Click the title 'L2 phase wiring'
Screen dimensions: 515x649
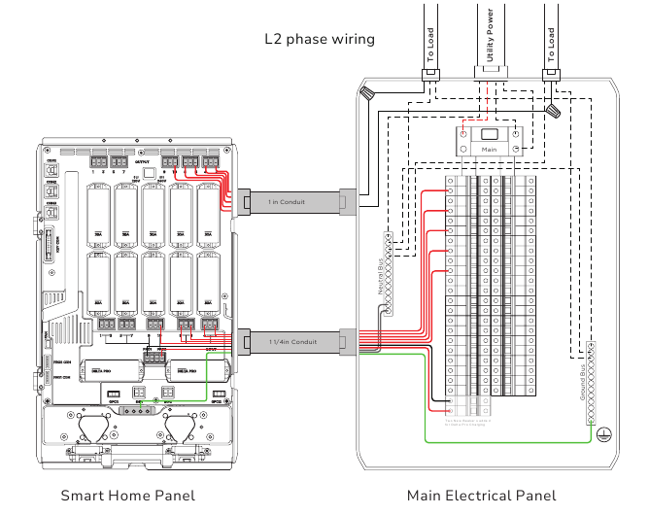tap(320, 39)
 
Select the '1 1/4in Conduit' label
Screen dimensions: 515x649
tap(292, 341)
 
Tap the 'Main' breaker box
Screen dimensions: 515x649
tap(491, 142)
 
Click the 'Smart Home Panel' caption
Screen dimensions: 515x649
tap(127, 496)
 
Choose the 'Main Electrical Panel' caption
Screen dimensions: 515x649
tap(482, 496)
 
